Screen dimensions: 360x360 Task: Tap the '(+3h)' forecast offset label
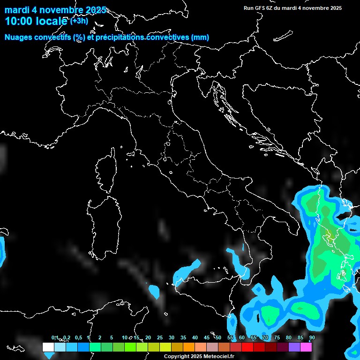point(79,21)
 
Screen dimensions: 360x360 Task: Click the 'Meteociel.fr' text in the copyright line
point(218,357)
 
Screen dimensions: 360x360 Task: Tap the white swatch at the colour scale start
point(48,347)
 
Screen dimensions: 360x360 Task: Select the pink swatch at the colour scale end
point(306,347)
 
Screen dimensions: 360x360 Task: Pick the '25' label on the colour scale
point(160,338)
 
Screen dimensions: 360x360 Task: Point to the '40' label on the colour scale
point(195,338)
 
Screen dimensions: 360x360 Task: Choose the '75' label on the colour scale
point(277,338)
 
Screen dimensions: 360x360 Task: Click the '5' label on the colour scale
point(112,338)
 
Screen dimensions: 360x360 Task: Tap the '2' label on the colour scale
point(100,338)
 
